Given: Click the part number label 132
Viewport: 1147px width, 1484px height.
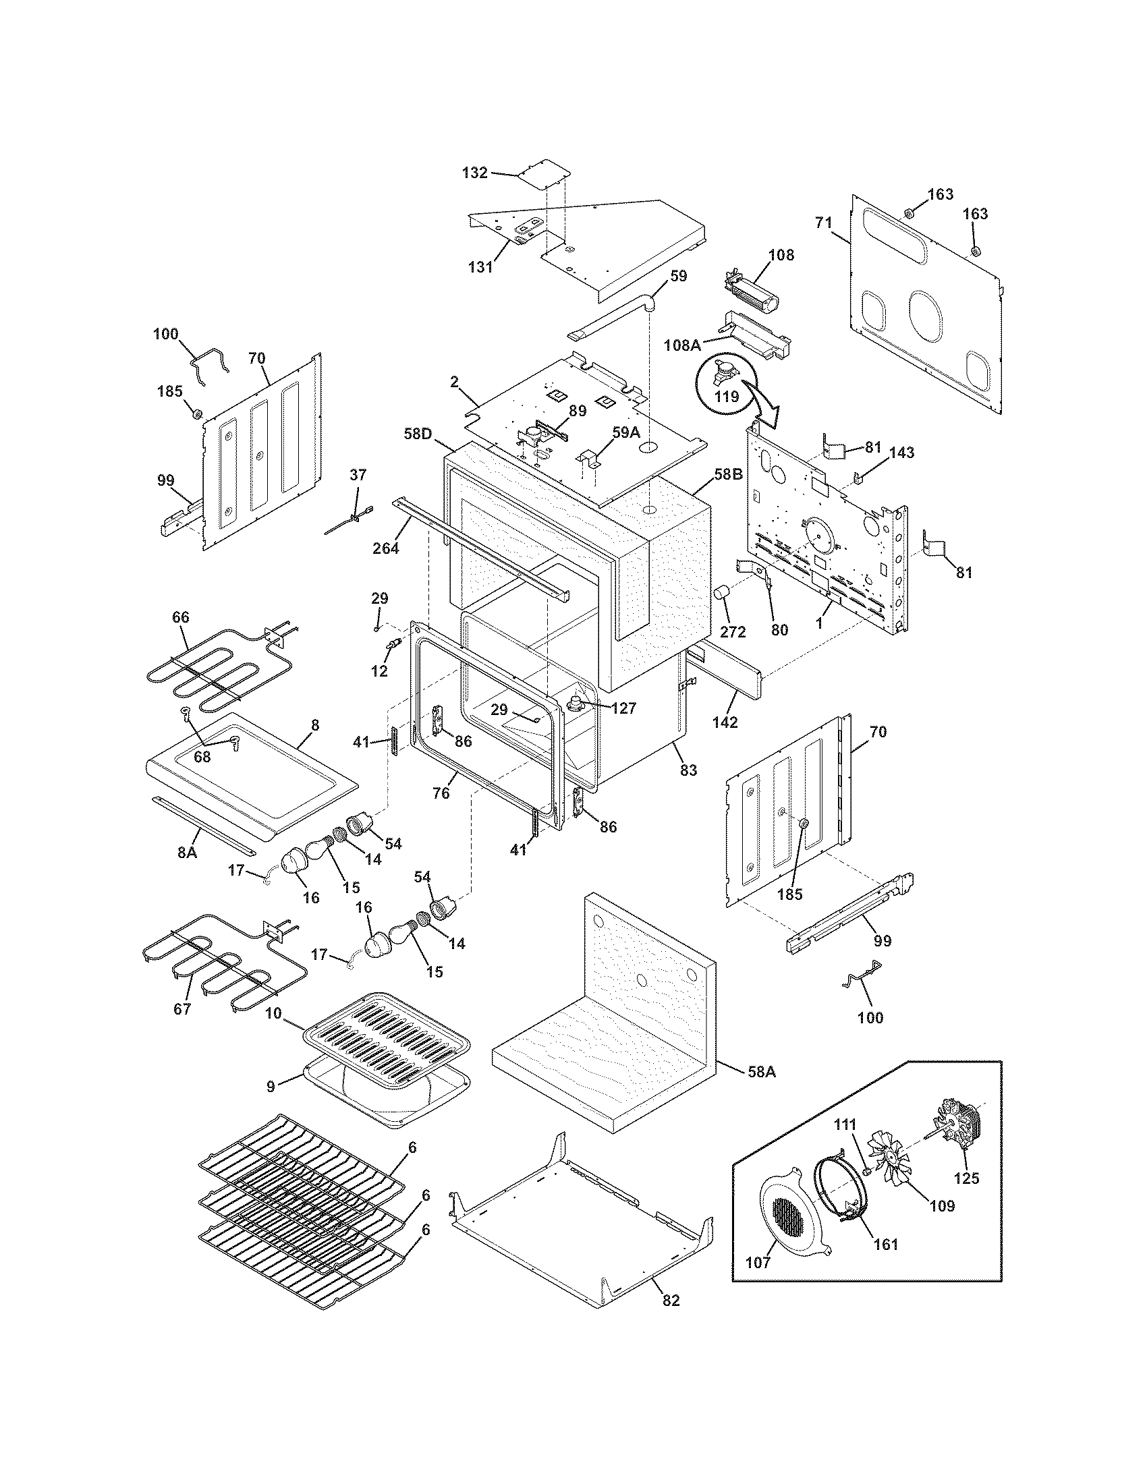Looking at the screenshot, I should point(474,173).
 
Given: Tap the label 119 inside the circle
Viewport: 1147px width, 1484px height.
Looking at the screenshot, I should point(727,395).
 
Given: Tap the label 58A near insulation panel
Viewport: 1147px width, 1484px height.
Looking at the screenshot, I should point(760,1072).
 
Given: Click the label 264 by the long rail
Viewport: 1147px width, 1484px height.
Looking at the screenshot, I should point(386,547).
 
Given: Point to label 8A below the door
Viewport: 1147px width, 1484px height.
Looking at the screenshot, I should point(187,851).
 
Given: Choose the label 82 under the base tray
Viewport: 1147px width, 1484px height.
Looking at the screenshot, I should point(670,1301).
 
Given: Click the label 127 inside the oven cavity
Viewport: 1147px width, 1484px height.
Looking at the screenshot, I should point(623,709).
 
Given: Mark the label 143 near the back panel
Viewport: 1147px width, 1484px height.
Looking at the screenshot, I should point(901,453).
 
